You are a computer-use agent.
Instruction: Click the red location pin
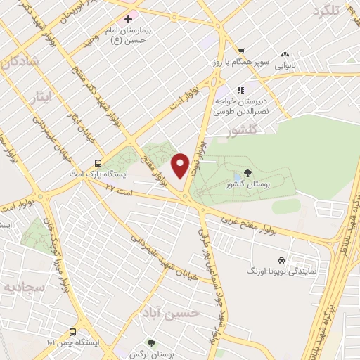coord(181,165)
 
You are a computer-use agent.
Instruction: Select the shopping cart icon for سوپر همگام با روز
coord(241,51)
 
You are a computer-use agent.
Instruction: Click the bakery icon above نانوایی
coord(285,53)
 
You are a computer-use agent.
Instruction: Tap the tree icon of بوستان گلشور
coord(247,172)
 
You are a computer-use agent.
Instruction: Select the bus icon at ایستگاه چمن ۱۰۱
coord(73,331)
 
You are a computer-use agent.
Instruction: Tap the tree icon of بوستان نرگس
coord(151,344)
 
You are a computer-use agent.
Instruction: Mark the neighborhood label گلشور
coord(250,130)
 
